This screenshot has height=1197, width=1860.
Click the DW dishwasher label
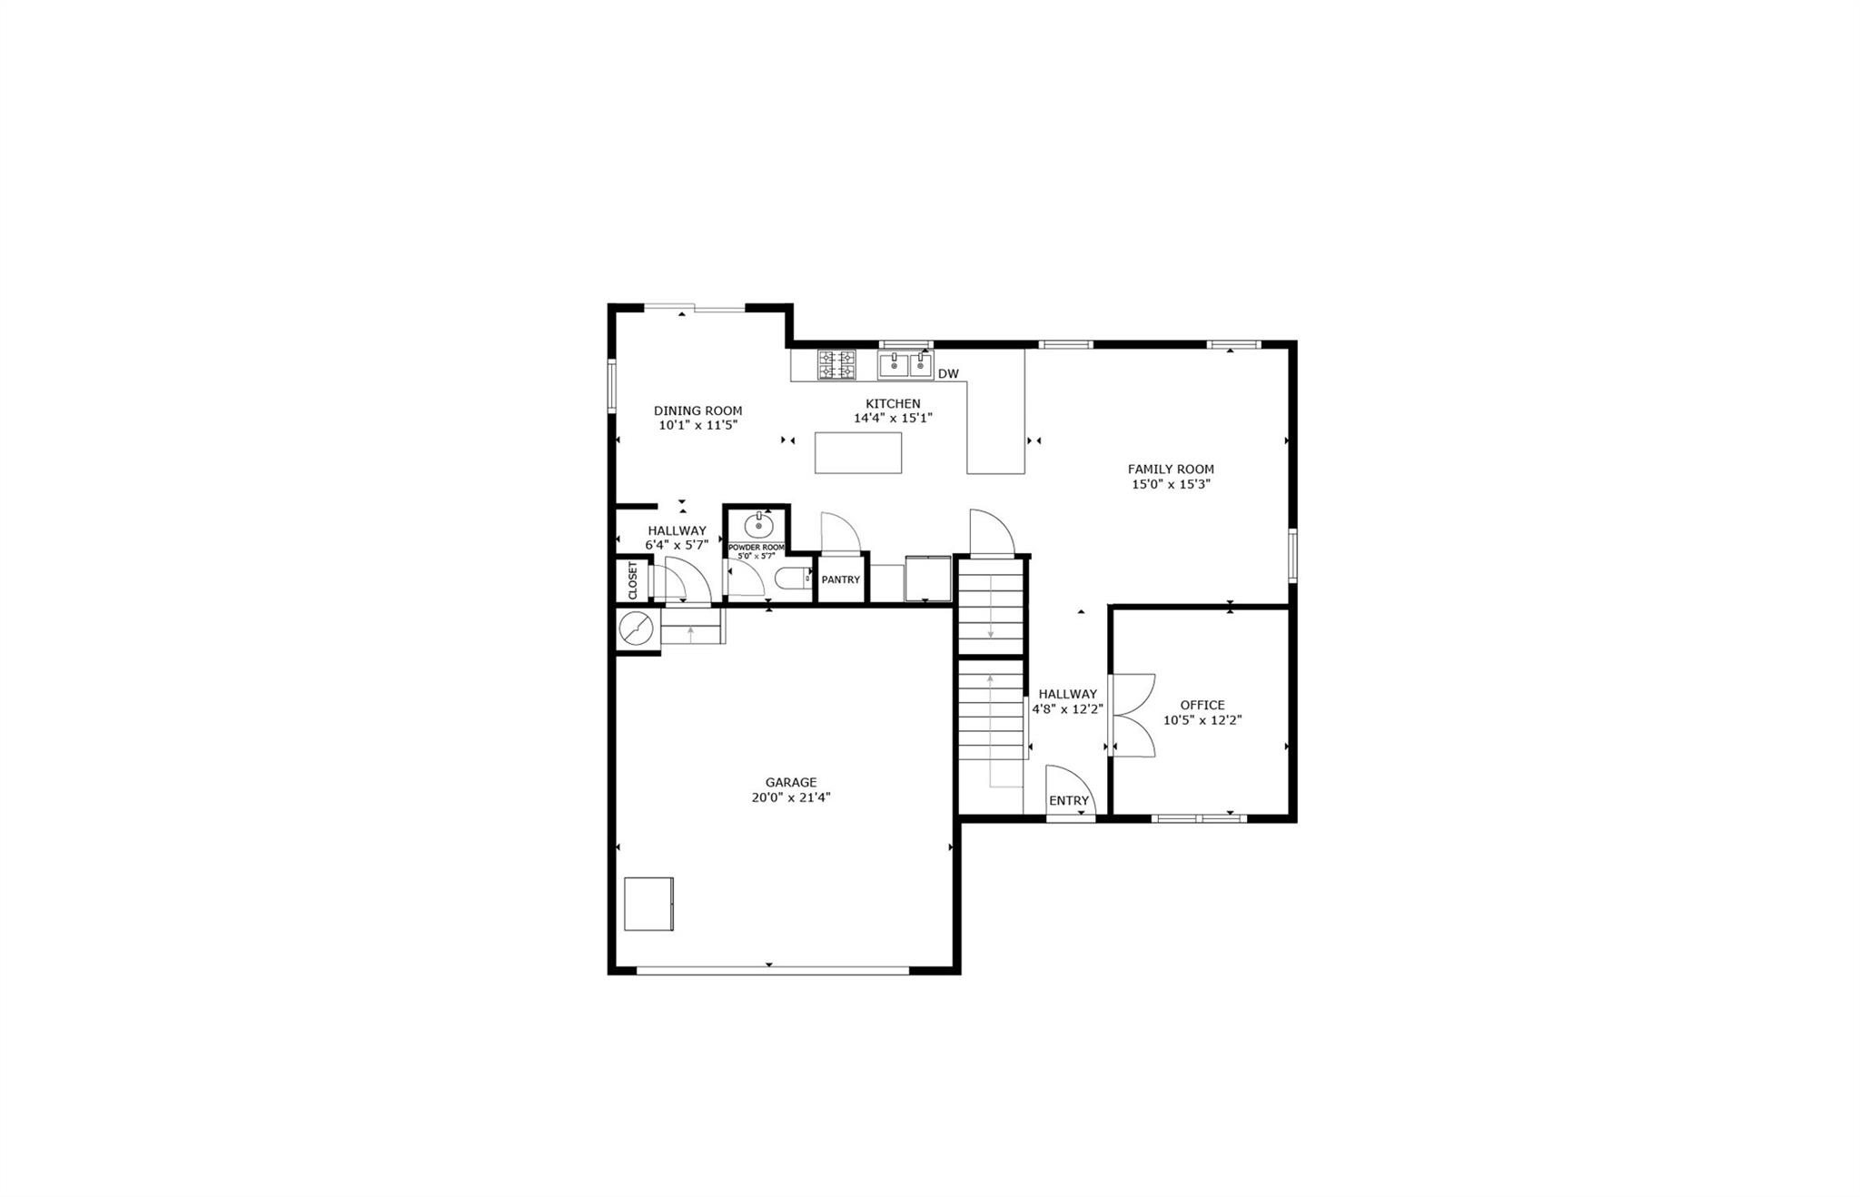[947, 373]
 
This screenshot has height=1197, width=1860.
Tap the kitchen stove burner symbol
[836, 365]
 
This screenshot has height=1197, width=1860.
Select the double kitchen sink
[905, 365]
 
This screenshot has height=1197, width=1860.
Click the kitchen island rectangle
[857, 452]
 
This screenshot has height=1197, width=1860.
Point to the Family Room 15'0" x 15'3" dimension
[1170, 484]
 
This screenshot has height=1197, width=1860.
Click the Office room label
[1202, 705]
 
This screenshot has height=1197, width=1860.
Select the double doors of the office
[1132, 716]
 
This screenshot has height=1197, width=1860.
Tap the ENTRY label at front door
[1068, 800]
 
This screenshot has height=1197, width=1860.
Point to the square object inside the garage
[648, 903]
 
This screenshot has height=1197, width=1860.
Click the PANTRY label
[840, 579]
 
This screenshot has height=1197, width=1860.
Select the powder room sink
[758, 525]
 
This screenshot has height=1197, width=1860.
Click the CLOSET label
[633, 580]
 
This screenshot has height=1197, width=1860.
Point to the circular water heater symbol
[636, 628]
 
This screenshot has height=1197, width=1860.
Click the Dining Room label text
[697, 411]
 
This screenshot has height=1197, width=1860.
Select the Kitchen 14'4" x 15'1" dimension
[892, 419]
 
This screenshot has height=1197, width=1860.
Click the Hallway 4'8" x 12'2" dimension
[1067, 709]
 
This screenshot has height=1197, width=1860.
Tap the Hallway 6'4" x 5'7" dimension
[676, 545]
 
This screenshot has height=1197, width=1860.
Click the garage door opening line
[772, 971]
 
